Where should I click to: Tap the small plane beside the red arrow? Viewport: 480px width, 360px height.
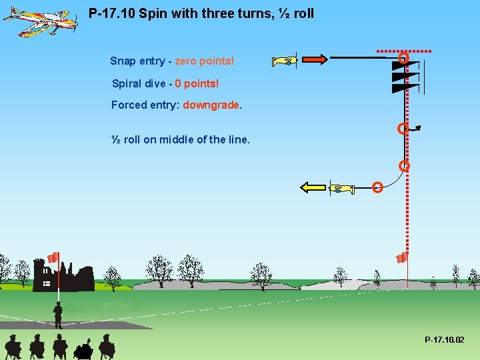tap(285, 61)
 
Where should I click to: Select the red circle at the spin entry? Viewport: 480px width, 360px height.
tap(403, 59)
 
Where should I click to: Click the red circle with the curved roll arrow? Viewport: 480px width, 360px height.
tap(402, 128)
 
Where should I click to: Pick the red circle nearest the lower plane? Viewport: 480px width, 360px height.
tap(377, 187)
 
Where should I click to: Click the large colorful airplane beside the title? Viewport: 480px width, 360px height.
tap(40, 22)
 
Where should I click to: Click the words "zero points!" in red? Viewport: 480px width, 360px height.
tap(204, 61)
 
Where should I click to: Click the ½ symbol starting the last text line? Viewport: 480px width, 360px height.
tap(115, 139)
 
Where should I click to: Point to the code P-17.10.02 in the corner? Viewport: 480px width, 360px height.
tap(445, 340)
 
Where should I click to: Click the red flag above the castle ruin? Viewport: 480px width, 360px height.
tap(53, 257)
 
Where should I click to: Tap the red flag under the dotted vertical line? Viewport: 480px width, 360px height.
tap(401, 257)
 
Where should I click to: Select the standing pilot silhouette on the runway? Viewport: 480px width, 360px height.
tap(58, 315)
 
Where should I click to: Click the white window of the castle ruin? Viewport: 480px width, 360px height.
tap(47, 284)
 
